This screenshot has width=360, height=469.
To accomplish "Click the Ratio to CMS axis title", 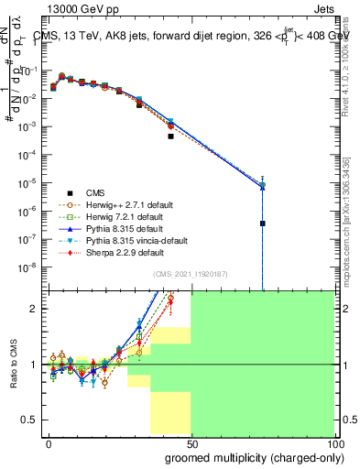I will pos(14,364).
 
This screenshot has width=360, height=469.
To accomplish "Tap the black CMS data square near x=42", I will pos(170,136).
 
